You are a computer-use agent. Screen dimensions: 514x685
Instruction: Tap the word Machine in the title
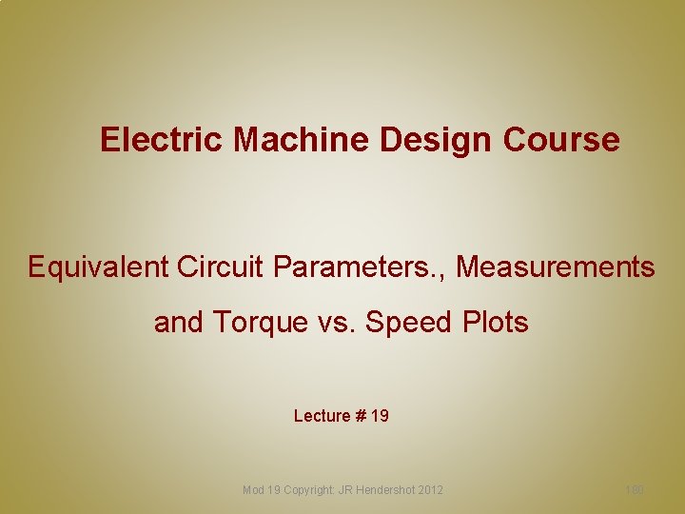[302, 140]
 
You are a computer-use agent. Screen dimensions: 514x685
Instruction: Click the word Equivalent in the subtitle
[98, 267]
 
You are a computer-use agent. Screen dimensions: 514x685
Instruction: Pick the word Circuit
[223, 267]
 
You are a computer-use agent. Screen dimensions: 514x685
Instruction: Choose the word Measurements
[556, 267]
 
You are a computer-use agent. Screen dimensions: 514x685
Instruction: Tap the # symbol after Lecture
[361, 416]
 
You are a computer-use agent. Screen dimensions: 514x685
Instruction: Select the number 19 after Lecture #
[380, 416]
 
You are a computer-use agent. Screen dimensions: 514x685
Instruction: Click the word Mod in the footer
[254, 490]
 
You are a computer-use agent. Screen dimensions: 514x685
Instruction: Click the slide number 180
[635, 490]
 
